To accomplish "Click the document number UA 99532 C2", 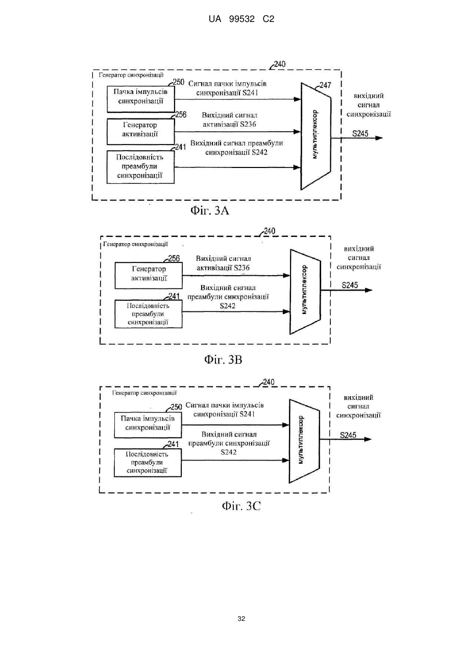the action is coord(241,19).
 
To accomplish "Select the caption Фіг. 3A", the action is coord(210,210).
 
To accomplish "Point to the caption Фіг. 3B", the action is coord(223,359).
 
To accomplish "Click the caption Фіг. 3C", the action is coord(241,506).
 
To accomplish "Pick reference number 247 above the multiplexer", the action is coord(325,85).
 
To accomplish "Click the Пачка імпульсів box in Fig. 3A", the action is coord(141,99).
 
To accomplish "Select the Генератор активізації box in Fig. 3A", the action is coord(141,131).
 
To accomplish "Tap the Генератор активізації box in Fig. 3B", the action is coord(149,275).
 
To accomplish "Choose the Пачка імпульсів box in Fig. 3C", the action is coord(148,425).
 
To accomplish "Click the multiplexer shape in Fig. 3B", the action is coord(305,292).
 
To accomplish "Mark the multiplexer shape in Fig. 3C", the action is coord(304,441).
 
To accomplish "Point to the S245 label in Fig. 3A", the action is coord(360,133).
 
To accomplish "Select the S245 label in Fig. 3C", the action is coord(348,435).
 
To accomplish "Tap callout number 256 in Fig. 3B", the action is coord(174,258).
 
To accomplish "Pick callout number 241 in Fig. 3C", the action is coord(173,444).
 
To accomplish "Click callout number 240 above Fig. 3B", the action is coord(270,231).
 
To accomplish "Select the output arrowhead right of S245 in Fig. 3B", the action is coord(369,290).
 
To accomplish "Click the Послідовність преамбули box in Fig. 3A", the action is coord(140,167).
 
